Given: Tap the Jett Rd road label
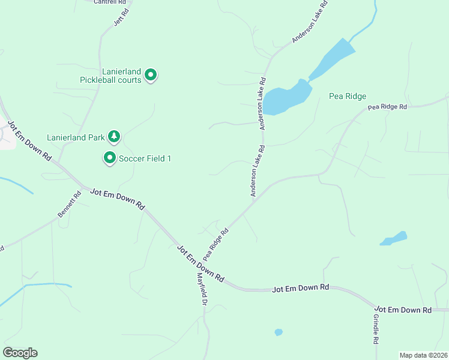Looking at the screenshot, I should (x=122, y=17).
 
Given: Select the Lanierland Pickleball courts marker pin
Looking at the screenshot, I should (x=151, y=75).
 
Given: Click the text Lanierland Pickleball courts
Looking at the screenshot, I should (x=111, y=75).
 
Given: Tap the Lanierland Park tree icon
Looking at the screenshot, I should (x=114, y=137).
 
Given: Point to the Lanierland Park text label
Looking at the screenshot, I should (x=76, y=137).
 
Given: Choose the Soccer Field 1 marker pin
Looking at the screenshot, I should (x=110, y=158).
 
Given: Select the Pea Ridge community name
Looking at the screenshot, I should (x=348, y=96).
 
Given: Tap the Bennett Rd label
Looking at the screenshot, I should (x=69, y=204).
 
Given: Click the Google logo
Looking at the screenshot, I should (x=20, y=353).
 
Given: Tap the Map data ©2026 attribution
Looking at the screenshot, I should (x=423, y=355).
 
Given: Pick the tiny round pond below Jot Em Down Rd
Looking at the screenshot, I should (x=278, y=332).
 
